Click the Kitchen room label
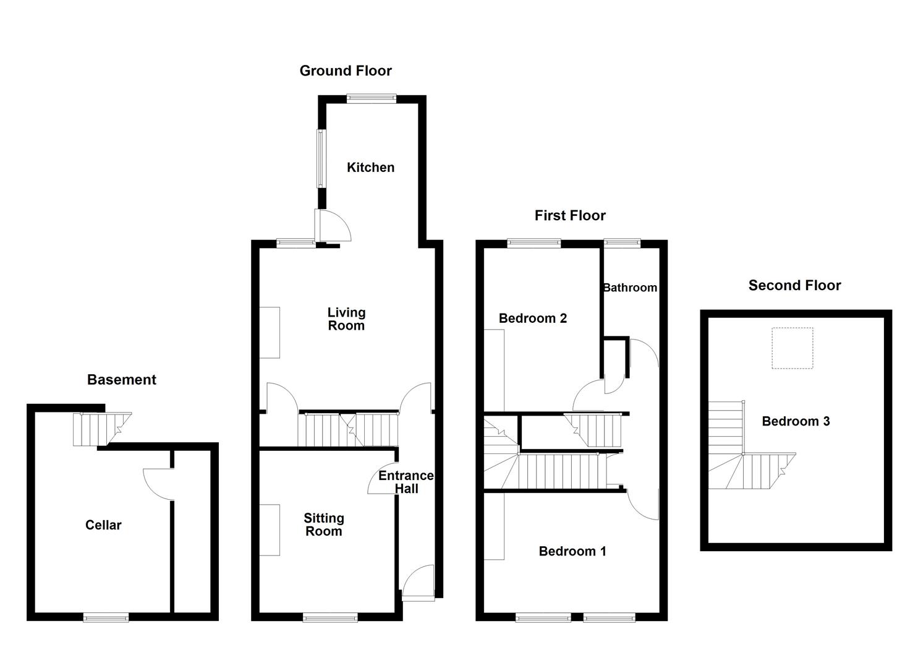[370, 168]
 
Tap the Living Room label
[346, 319]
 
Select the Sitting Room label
[323, 525]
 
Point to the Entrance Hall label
[406, 482]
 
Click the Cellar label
[103, 525]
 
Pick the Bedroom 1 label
[572, 551]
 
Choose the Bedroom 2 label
[532, 319]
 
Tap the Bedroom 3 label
[796, 421]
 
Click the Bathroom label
[629, 288]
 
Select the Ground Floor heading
[346, 71]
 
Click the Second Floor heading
[794, 286]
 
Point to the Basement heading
[122, 380]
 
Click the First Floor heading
[570, 216]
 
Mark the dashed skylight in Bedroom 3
[792, 348]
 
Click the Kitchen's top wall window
[372, 98]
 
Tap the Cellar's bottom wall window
[106, 617]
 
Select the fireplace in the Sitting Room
[270, 530]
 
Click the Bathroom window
[623, 243]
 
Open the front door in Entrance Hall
[419, 583]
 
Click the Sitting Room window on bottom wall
[330, 617]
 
